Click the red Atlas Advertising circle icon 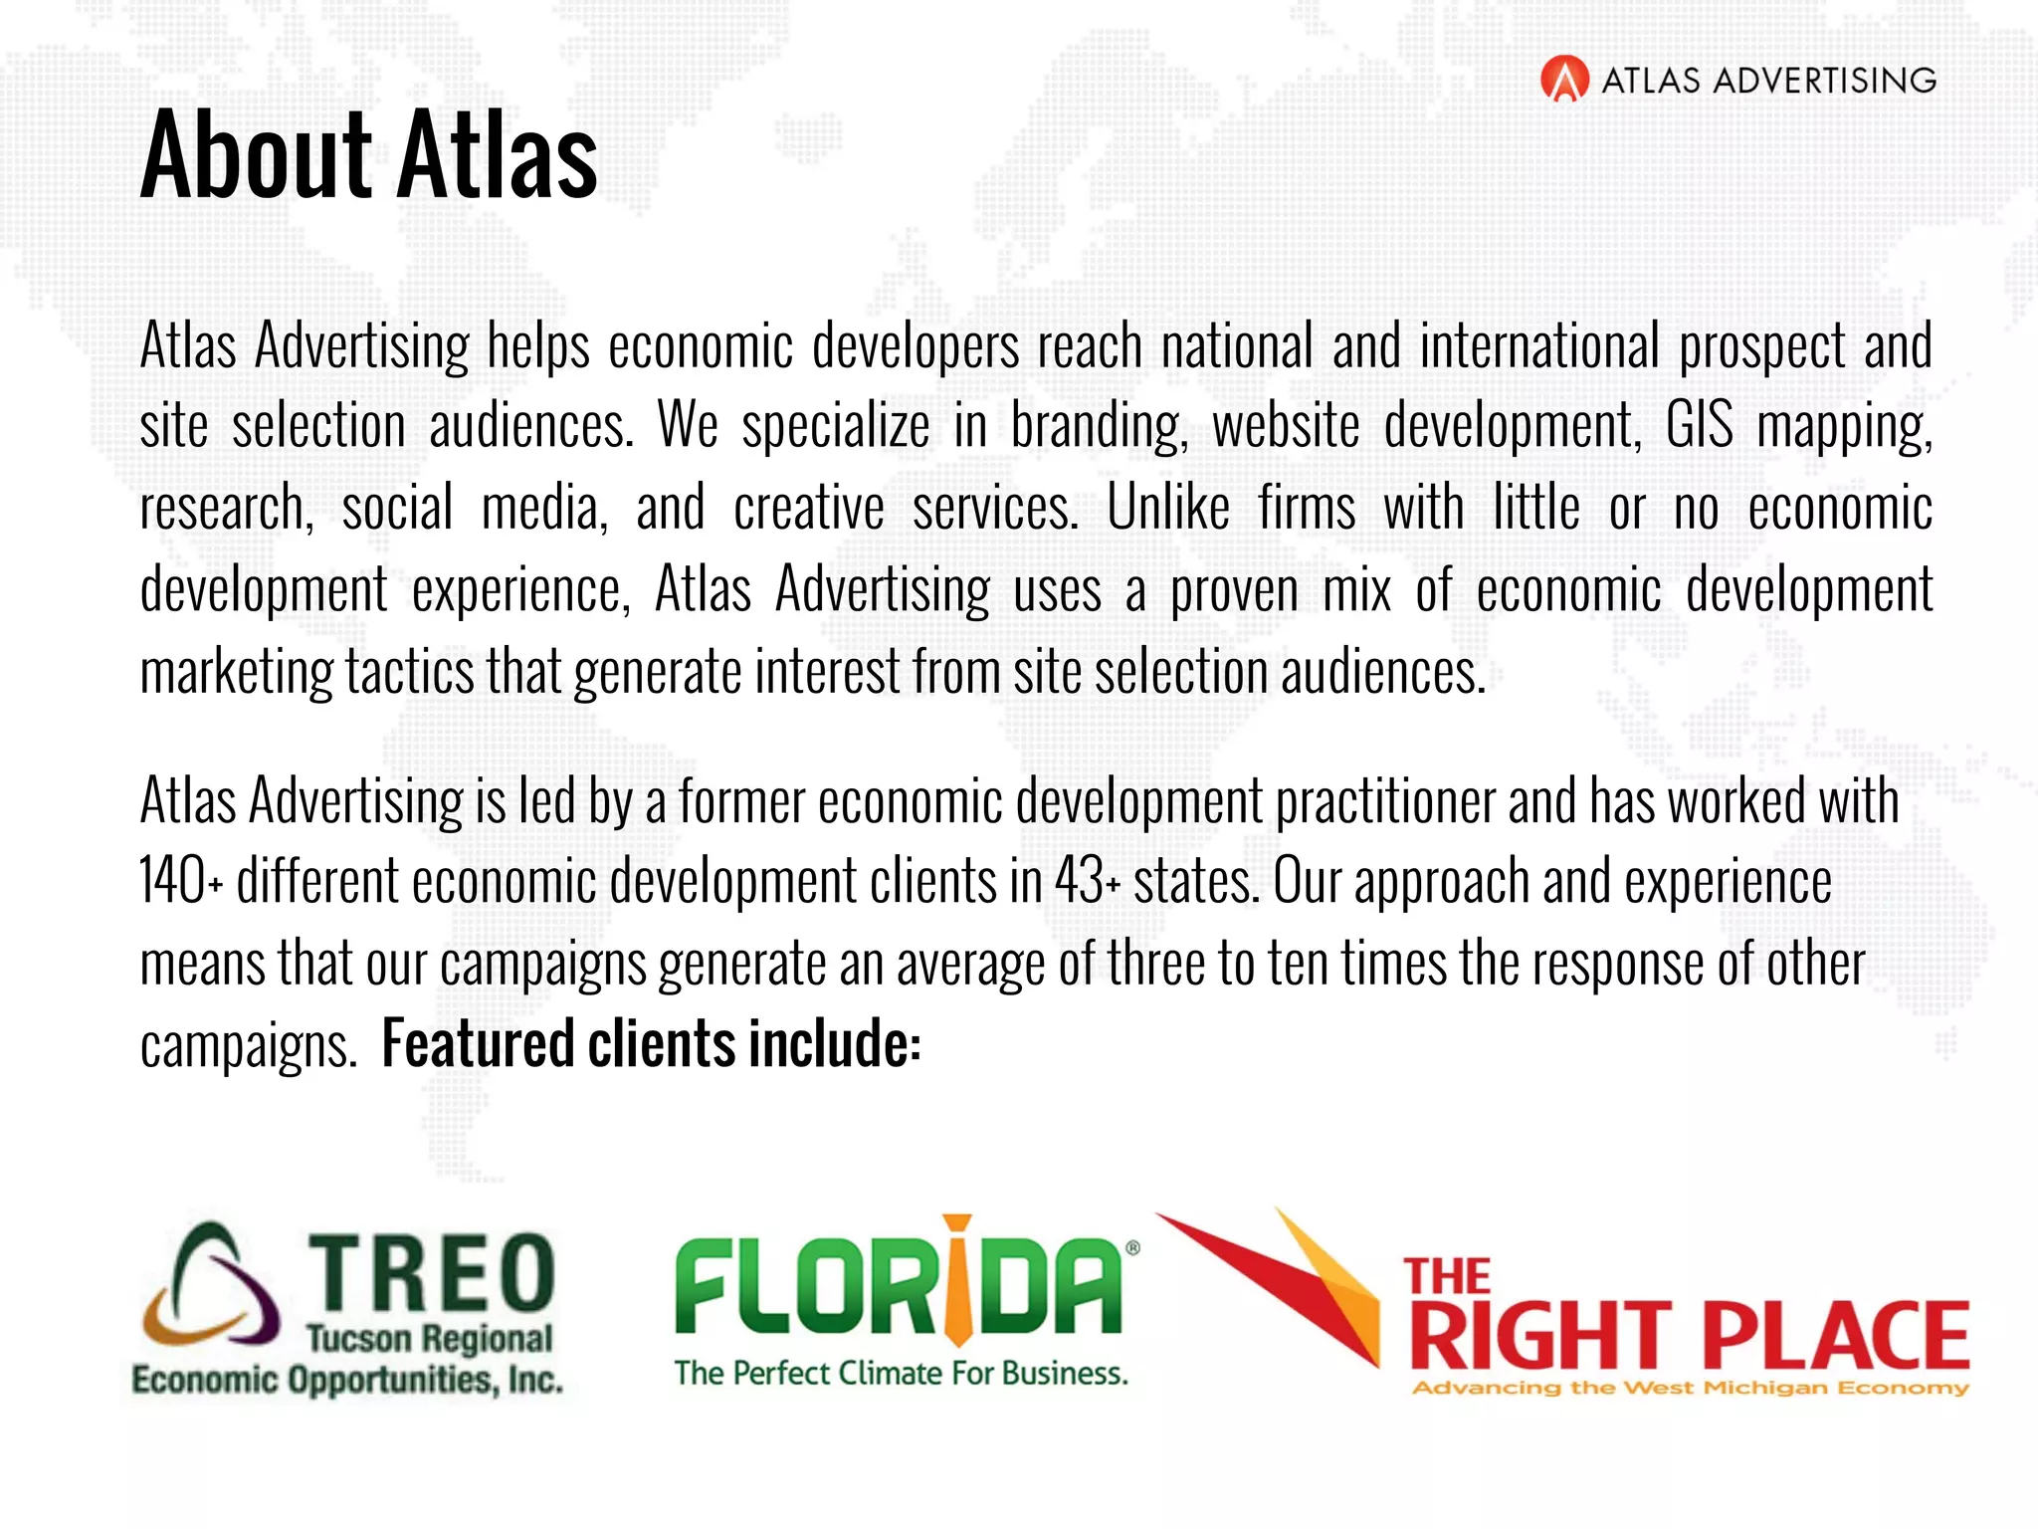point(1564,80)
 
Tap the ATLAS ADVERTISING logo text point(1768,81)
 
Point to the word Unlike point(1168,508)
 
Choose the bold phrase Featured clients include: point(652,1044)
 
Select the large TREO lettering point(431,1271)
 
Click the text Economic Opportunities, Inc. point(347,1381)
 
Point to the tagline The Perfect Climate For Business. point(901,1374)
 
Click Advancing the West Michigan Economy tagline point(1690,1388)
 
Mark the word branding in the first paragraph point(1099,426)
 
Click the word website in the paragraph point(1286,426)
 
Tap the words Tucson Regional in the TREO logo point(429,1339)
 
